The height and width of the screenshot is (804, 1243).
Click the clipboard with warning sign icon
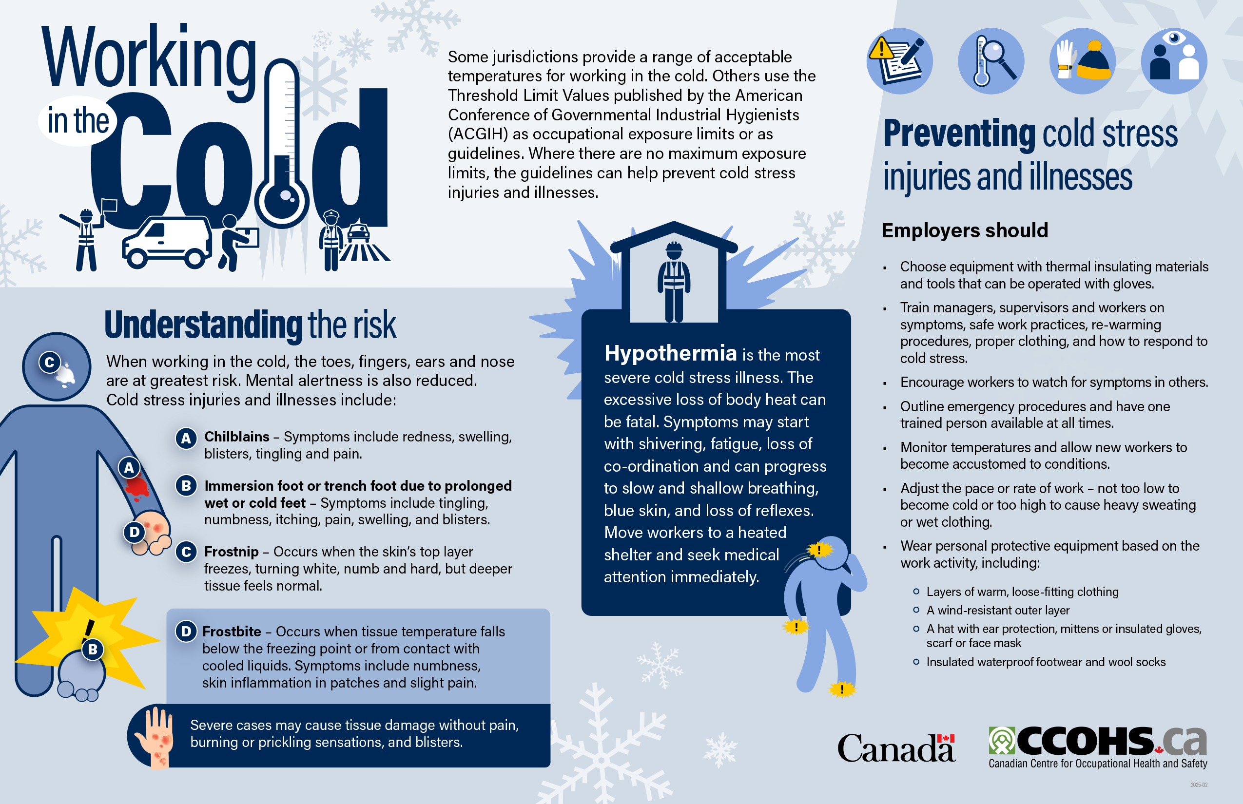(x=899, y=61)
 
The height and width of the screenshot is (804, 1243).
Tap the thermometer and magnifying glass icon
(x=991, y=61)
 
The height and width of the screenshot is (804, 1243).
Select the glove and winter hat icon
(x=1082, y=61)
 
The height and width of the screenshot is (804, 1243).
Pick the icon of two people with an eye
(x=1174, y=61)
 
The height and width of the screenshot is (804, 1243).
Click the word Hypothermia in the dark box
(x=670, y=353)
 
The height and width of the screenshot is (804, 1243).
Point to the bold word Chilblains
(x=236, y=437)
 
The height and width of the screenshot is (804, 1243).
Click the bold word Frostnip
(x=231, y=551)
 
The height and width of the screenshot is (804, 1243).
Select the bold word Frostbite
(x=232, y=631)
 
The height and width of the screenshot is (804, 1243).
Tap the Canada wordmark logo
(x=896, y=747)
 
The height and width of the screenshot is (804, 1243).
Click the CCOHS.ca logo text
(x=1097, y=741)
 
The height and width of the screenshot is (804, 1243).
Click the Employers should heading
(x=965, y=230)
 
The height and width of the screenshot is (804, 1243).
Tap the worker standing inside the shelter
(x=674, y=282)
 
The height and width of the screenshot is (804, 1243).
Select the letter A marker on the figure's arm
(x=129, y=468)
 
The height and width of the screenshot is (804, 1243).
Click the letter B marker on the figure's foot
(x=93, y=650)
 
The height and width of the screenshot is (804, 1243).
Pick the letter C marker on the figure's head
(x=50, y=363)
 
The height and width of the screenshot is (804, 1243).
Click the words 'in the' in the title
(x=78, y=121)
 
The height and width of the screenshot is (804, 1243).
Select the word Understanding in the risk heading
(x=203, y=325)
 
